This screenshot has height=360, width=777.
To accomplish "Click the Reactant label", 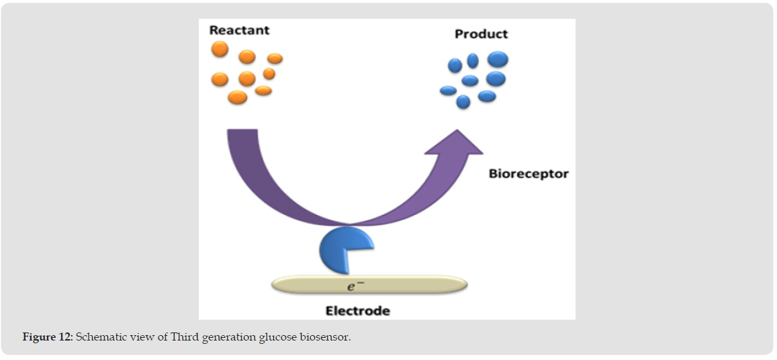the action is [239, 30].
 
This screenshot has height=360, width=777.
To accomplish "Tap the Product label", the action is [481, 34].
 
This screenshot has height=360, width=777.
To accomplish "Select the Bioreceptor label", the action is [529, 174].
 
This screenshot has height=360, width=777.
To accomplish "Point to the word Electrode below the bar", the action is [357, 311].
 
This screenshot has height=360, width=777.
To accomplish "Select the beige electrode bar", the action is [369, 285].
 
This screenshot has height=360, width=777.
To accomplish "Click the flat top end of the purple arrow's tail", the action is [242, 130].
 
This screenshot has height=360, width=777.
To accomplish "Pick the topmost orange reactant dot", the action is [220, 49].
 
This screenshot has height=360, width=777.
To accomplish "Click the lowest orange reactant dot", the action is [237, 97].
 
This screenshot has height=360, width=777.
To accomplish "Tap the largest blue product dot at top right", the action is [498, 60].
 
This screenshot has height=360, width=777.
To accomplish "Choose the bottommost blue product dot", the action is [463, 102].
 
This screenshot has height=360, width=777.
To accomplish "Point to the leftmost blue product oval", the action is [448, 90].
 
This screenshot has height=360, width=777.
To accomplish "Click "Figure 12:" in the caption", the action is [48, 338].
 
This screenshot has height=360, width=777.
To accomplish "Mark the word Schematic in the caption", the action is [97, 338].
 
